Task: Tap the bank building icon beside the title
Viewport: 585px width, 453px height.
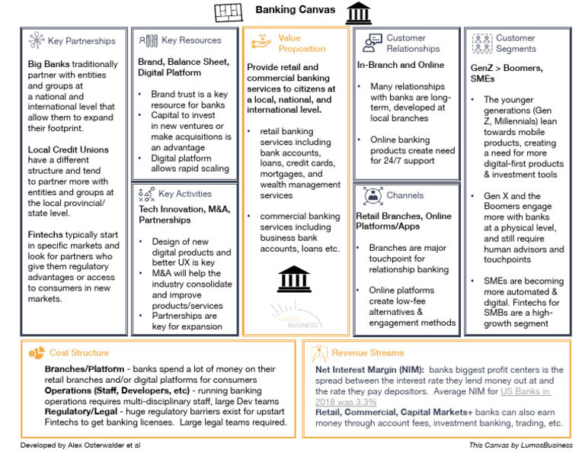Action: coord(357,12)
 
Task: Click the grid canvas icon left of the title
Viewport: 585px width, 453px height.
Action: coord(227,12)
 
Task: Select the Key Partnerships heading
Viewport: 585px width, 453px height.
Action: coord(82,40)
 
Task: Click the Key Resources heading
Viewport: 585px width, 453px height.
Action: coord(191,40)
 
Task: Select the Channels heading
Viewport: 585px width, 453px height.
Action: coord(404,195)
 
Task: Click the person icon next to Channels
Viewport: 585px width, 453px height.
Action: coord(372,195)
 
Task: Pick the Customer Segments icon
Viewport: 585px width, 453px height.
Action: coord(482,43)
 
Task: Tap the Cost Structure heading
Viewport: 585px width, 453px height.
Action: coord(78,353)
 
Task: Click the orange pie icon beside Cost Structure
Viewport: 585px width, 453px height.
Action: coord(37,353)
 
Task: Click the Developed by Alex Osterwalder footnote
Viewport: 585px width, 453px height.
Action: coord(80,445)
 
